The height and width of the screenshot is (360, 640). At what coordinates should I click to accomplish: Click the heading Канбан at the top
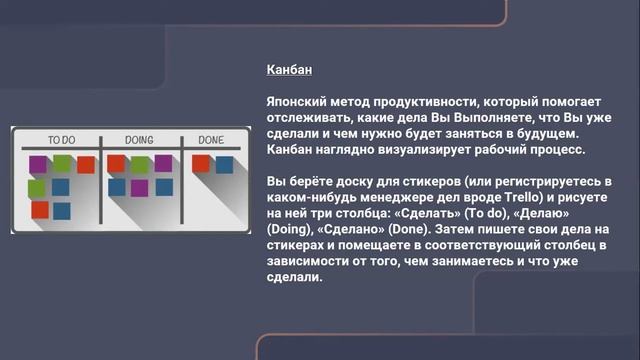tap(290, 70)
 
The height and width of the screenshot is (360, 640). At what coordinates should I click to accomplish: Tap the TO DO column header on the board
tap(62, 140)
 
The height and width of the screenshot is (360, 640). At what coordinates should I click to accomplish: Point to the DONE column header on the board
tap(211, 140)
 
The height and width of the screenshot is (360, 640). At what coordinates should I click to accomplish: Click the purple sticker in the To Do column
tap(38, 164)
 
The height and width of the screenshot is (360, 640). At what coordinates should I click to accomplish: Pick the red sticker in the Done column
tap(201, 162)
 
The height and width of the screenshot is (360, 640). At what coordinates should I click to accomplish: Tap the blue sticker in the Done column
tap(223, 165)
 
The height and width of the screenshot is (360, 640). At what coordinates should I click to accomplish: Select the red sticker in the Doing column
tap(116, 163)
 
